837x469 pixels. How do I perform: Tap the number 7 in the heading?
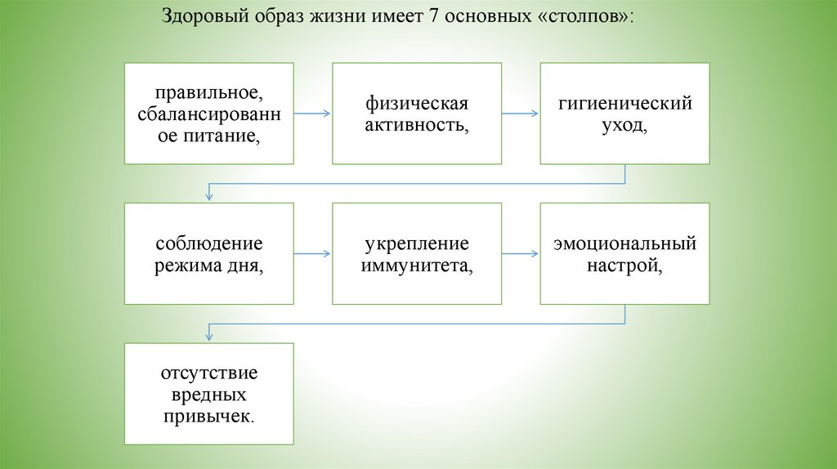(x=423, y=16)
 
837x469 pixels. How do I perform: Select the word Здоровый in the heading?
(x=199, y=16)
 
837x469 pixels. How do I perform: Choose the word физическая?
(x=416, y=104)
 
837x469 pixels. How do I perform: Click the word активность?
(x=416, y=124)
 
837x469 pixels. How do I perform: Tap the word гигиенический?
(x=624, y=104)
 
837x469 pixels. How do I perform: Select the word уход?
(x=624, y=125)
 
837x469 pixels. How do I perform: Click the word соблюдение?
(x=208, y=243)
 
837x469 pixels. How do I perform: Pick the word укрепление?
(x=416, y=243)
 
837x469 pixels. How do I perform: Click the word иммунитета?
(x=416, y=265)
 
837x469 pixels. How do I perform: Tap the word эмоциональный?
(x=624, y=243)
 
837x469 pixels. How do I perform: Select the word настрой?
(x=624, y=265)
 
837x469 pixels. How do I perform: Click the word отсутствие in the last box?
(x=208, y=373)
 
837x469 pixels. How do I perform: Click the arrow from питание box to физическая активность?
(x=312, y=114)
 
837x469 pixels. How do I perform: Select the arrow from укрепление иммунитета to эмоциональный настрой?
(x=521, y=254)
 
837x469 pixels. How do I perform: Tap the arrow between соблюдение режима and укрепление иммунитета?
(x=312, y=254)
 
